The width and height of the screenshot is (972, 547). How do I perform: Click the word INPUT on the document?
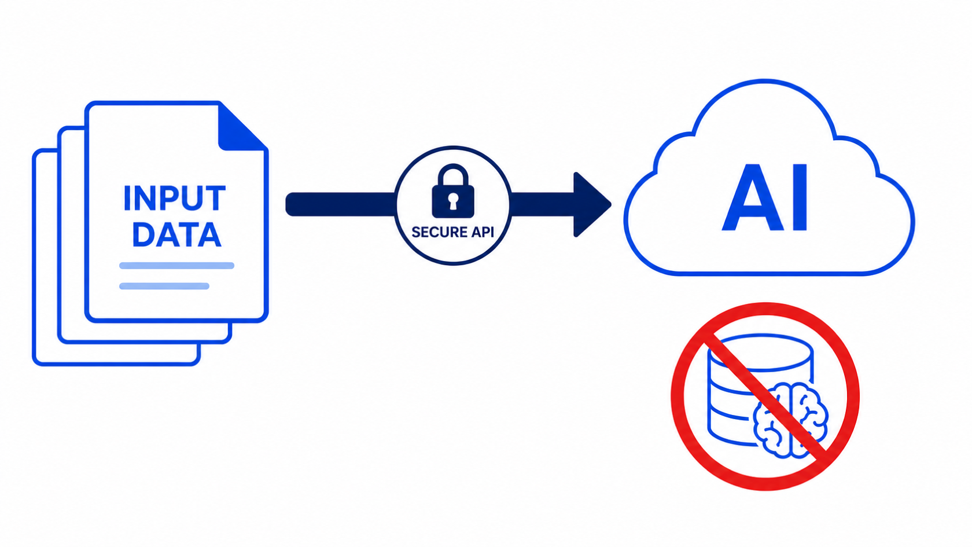(x=175, y=199)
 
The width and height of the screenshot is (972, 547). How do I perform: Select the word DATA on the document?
(x=176, y=235)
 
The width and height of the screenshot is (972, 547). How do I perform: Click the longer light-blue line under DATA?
(x=176, y=266)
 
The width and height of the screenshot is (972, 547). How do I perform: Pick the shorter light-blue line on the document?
(x=164, y=286)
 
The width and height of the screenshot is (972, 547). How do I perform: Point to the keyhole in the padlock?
(x=453, y=201)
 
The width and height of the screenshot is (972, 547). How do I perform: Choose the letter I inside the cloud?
(x=800, y=197)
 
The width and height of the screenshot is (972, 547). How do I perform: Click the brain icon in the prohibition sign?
(x=790, y=420)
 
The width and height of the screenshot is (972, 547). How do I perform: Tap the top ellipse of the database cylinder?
(x=760, y=353)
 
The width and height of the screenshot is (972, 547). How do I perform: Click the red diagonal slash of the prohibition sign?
(x=765, y=397)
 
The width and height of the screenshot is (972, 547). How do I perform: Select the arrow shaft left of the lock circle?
(x=341, y=204)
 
